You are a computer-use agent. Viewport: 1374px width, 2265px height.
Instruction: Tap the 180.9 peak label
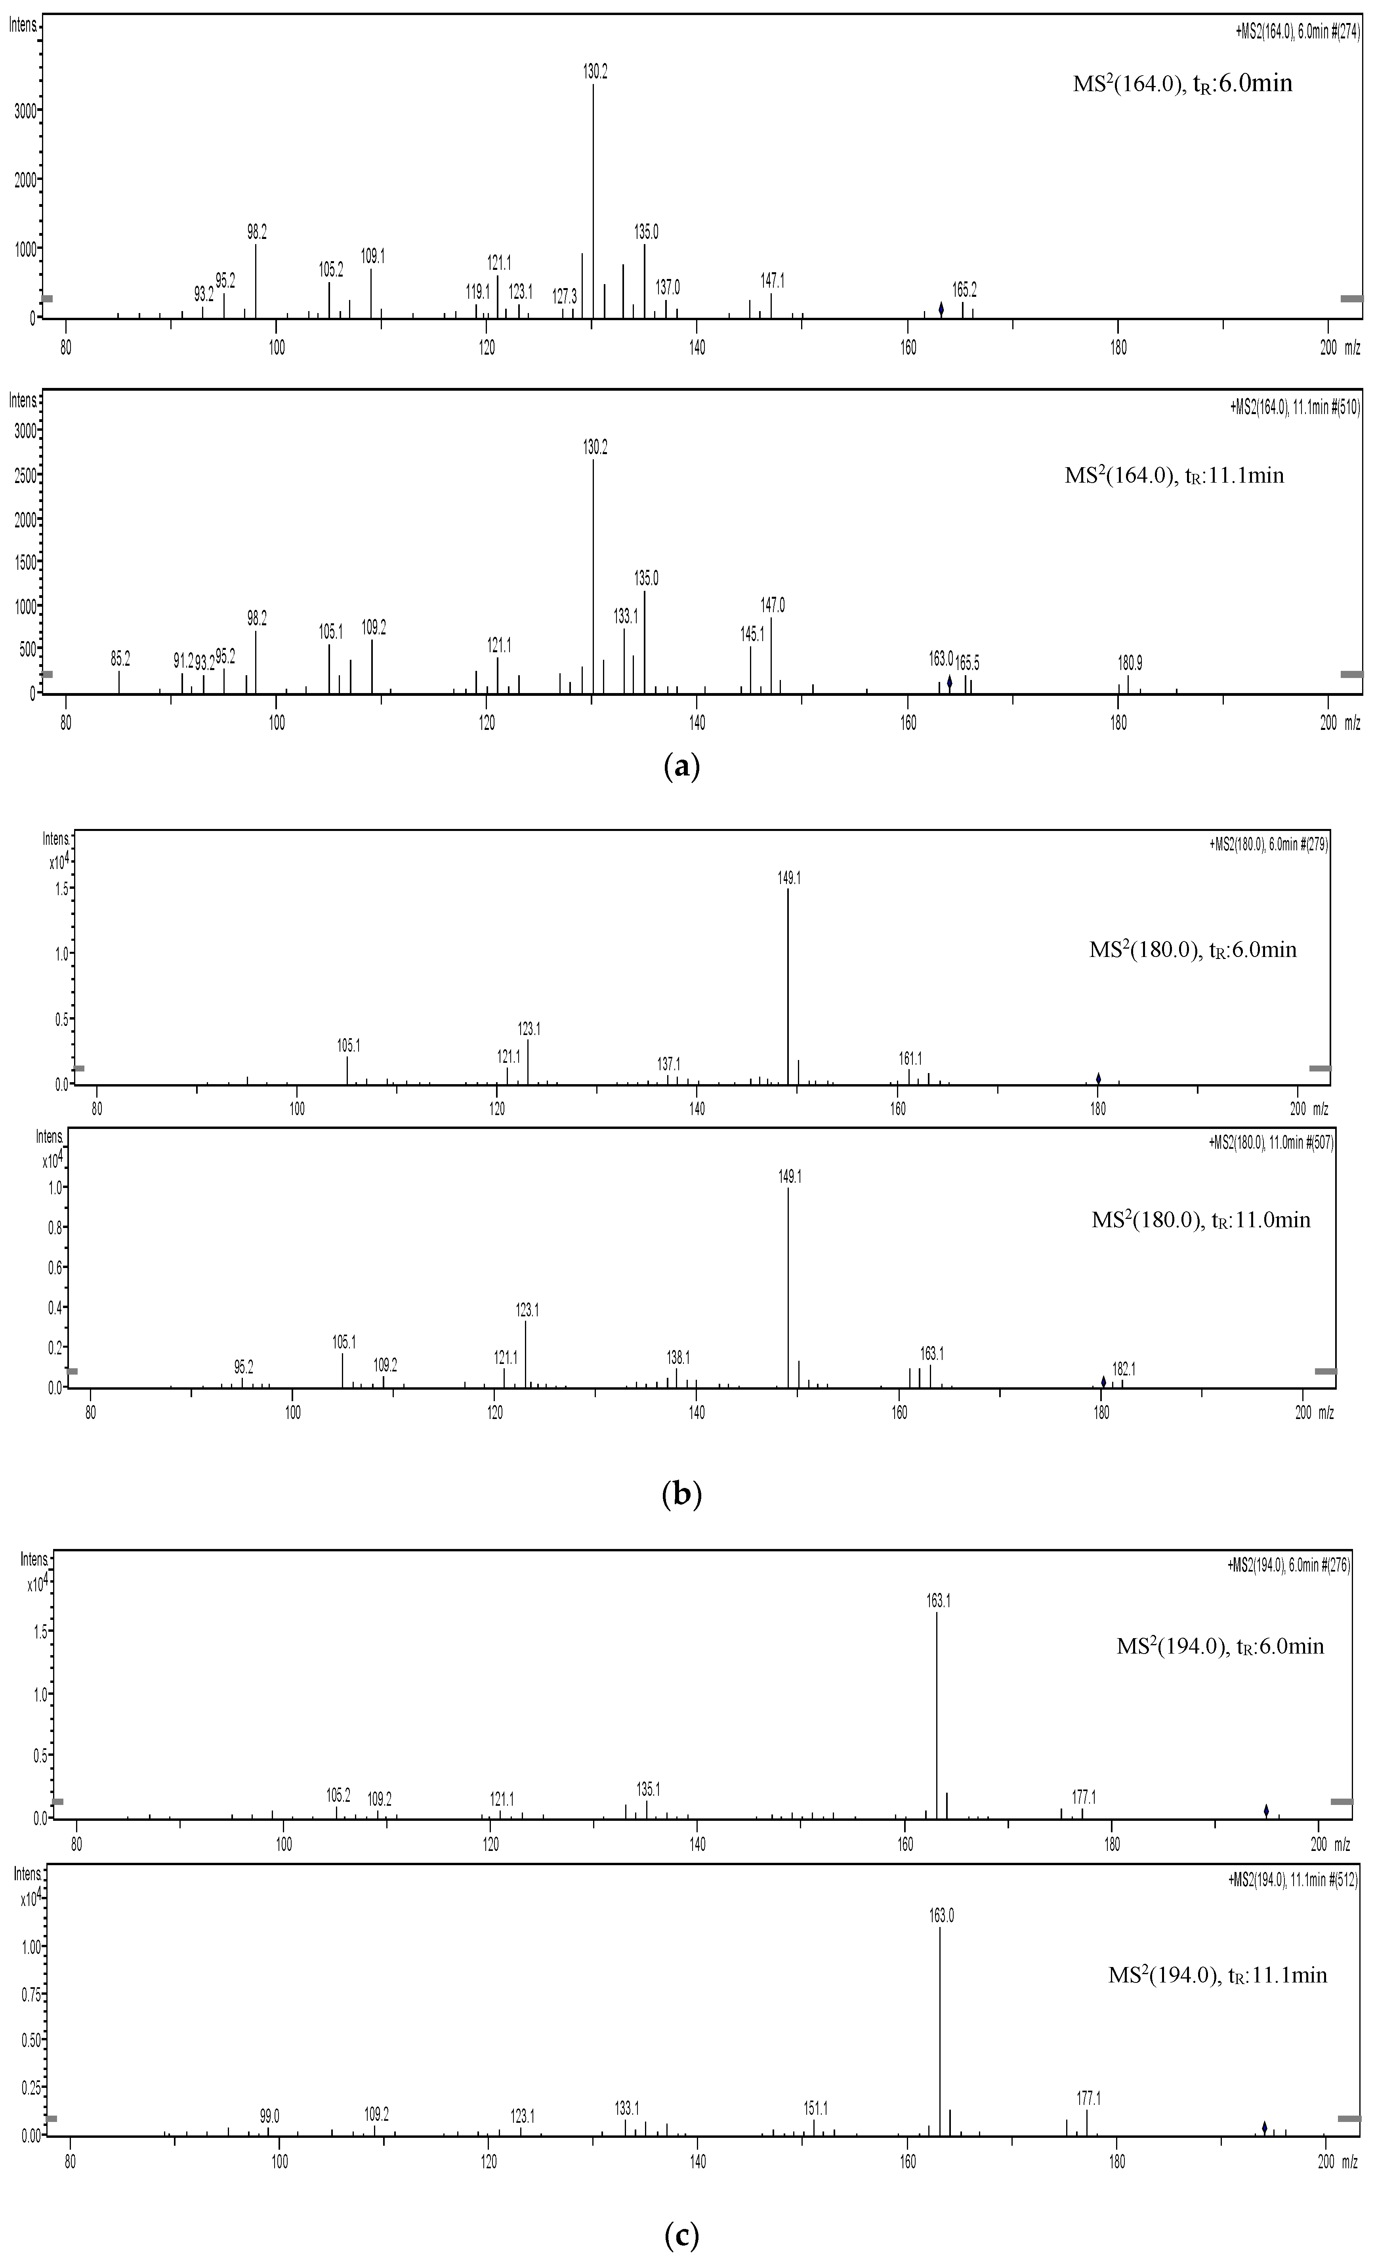point(1130,663)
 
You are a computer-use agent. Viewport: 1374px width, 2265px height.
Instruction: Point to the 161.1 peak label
point(910,1059)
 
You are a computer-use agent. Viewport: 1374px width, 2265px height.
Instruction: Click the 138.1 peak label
point(678,1358)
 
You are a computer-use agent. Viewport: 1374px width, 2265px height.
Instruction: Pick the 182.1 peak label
point(1124,1369)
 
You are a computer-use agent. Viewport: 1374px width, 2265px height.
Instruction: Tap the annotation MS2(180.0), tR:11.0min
point(1200,1220)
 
